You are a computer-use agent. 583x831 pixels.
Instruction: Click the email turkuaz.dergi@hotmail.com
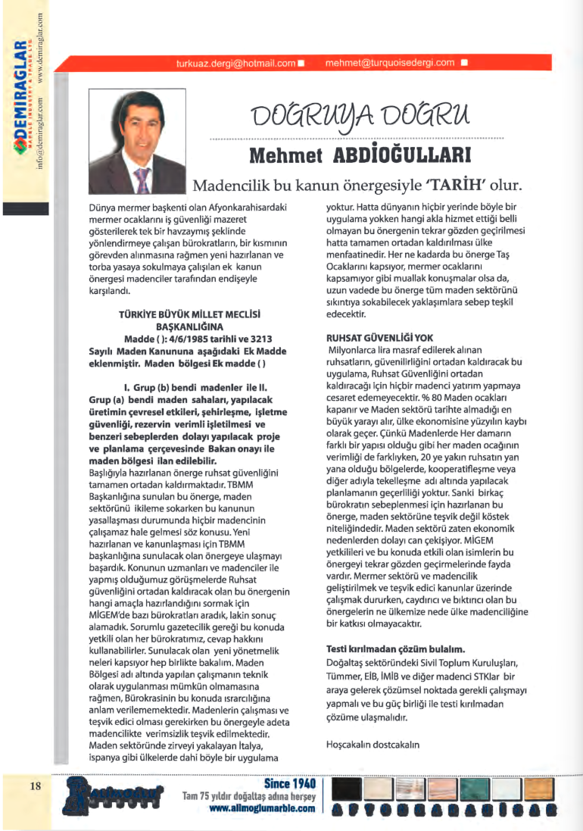(235, 63)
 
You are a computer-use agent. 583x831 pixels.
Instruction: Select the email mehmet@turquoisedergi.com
(390, 63)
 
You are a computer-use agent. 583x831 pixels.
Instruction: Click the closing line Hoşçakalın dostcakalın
(372, 744)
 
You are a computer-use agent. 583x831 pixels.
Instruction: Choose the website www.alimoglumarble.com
(261, 809)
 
